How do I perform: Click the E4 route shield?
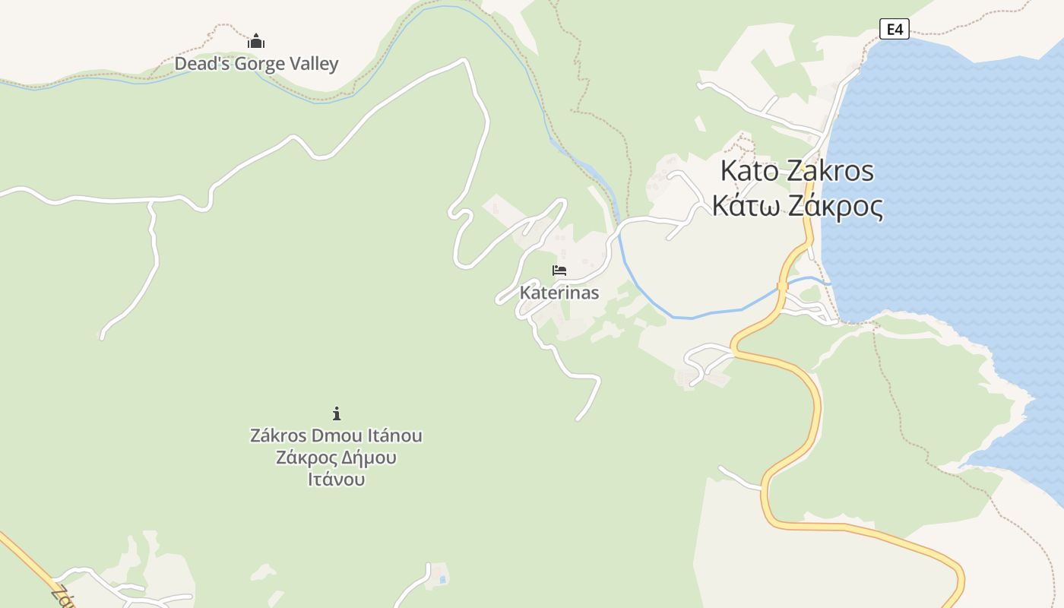[x=895, y=30]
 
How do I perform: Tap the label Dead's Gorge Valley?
[x=256, y=64]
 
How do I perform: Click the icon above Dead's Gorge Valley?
[x=256, y=41]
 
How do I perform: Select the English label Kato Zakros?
[x=796, y=171]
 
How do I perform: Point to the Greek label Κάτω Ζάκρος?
[x=797, y=206]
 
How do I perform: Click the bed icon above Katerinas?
[x=559, y=271]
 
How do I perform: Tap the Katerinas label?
[x=559, y=293]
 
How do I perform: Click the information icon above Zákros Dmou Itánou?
[x=337, y=413]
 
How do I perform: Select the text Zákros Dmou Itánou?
[x=336, y=435]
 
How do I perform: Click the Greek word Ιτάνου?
[x=336, y=480]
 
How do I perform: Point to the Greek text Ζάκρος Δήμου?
[x=336, y=458]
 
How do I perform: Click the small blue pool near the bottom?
[x=442, y=580]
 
